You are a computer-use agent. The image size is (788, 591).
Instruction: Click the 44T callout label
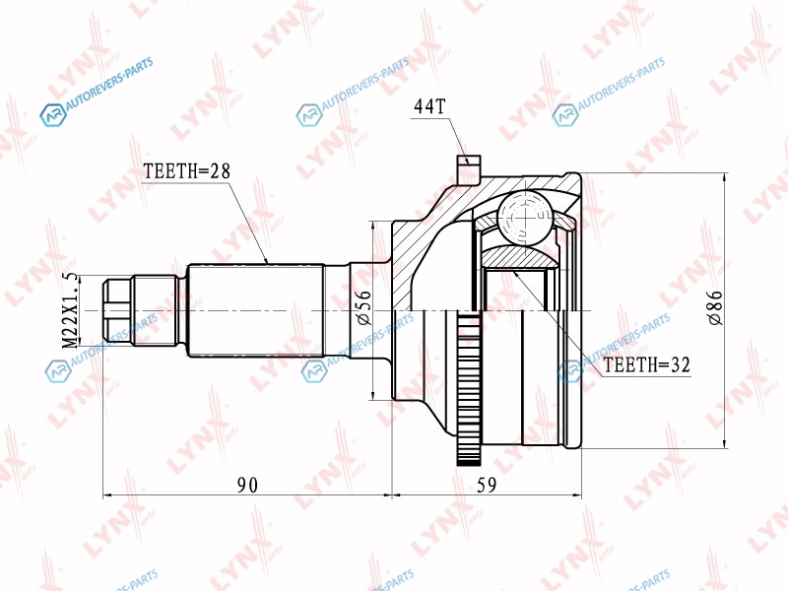click(x=429, y=106)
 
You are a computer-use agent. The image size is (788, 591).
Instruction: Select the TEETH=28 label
click(x=186, y=171)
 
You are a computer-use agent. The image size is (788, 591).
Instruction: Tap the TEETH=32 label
click(x=646, y=364)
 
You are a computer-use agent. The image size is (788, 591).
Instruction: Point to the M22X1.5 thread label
click(x=69, y=310)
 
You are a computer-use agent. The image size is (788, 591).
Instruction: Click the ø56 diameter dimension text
click(x=362, y=306)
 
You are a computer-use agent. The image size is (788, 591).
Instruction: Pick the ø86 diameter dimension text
click(x=715, y=307)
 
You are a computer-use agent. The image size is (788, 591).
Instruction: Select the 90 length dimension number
click(x=247, y=485)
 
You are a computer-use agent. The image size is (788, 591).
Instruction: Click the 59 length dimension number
click(x=486, y=485)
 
